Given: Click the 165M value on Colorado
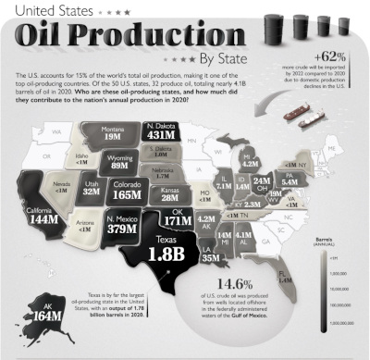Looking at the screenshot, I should tap(127, 195).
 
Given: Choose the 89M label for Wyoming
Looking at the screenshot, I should tap(117, 168).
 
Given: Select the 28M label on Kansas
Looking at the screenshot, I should tap(169, 197).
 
